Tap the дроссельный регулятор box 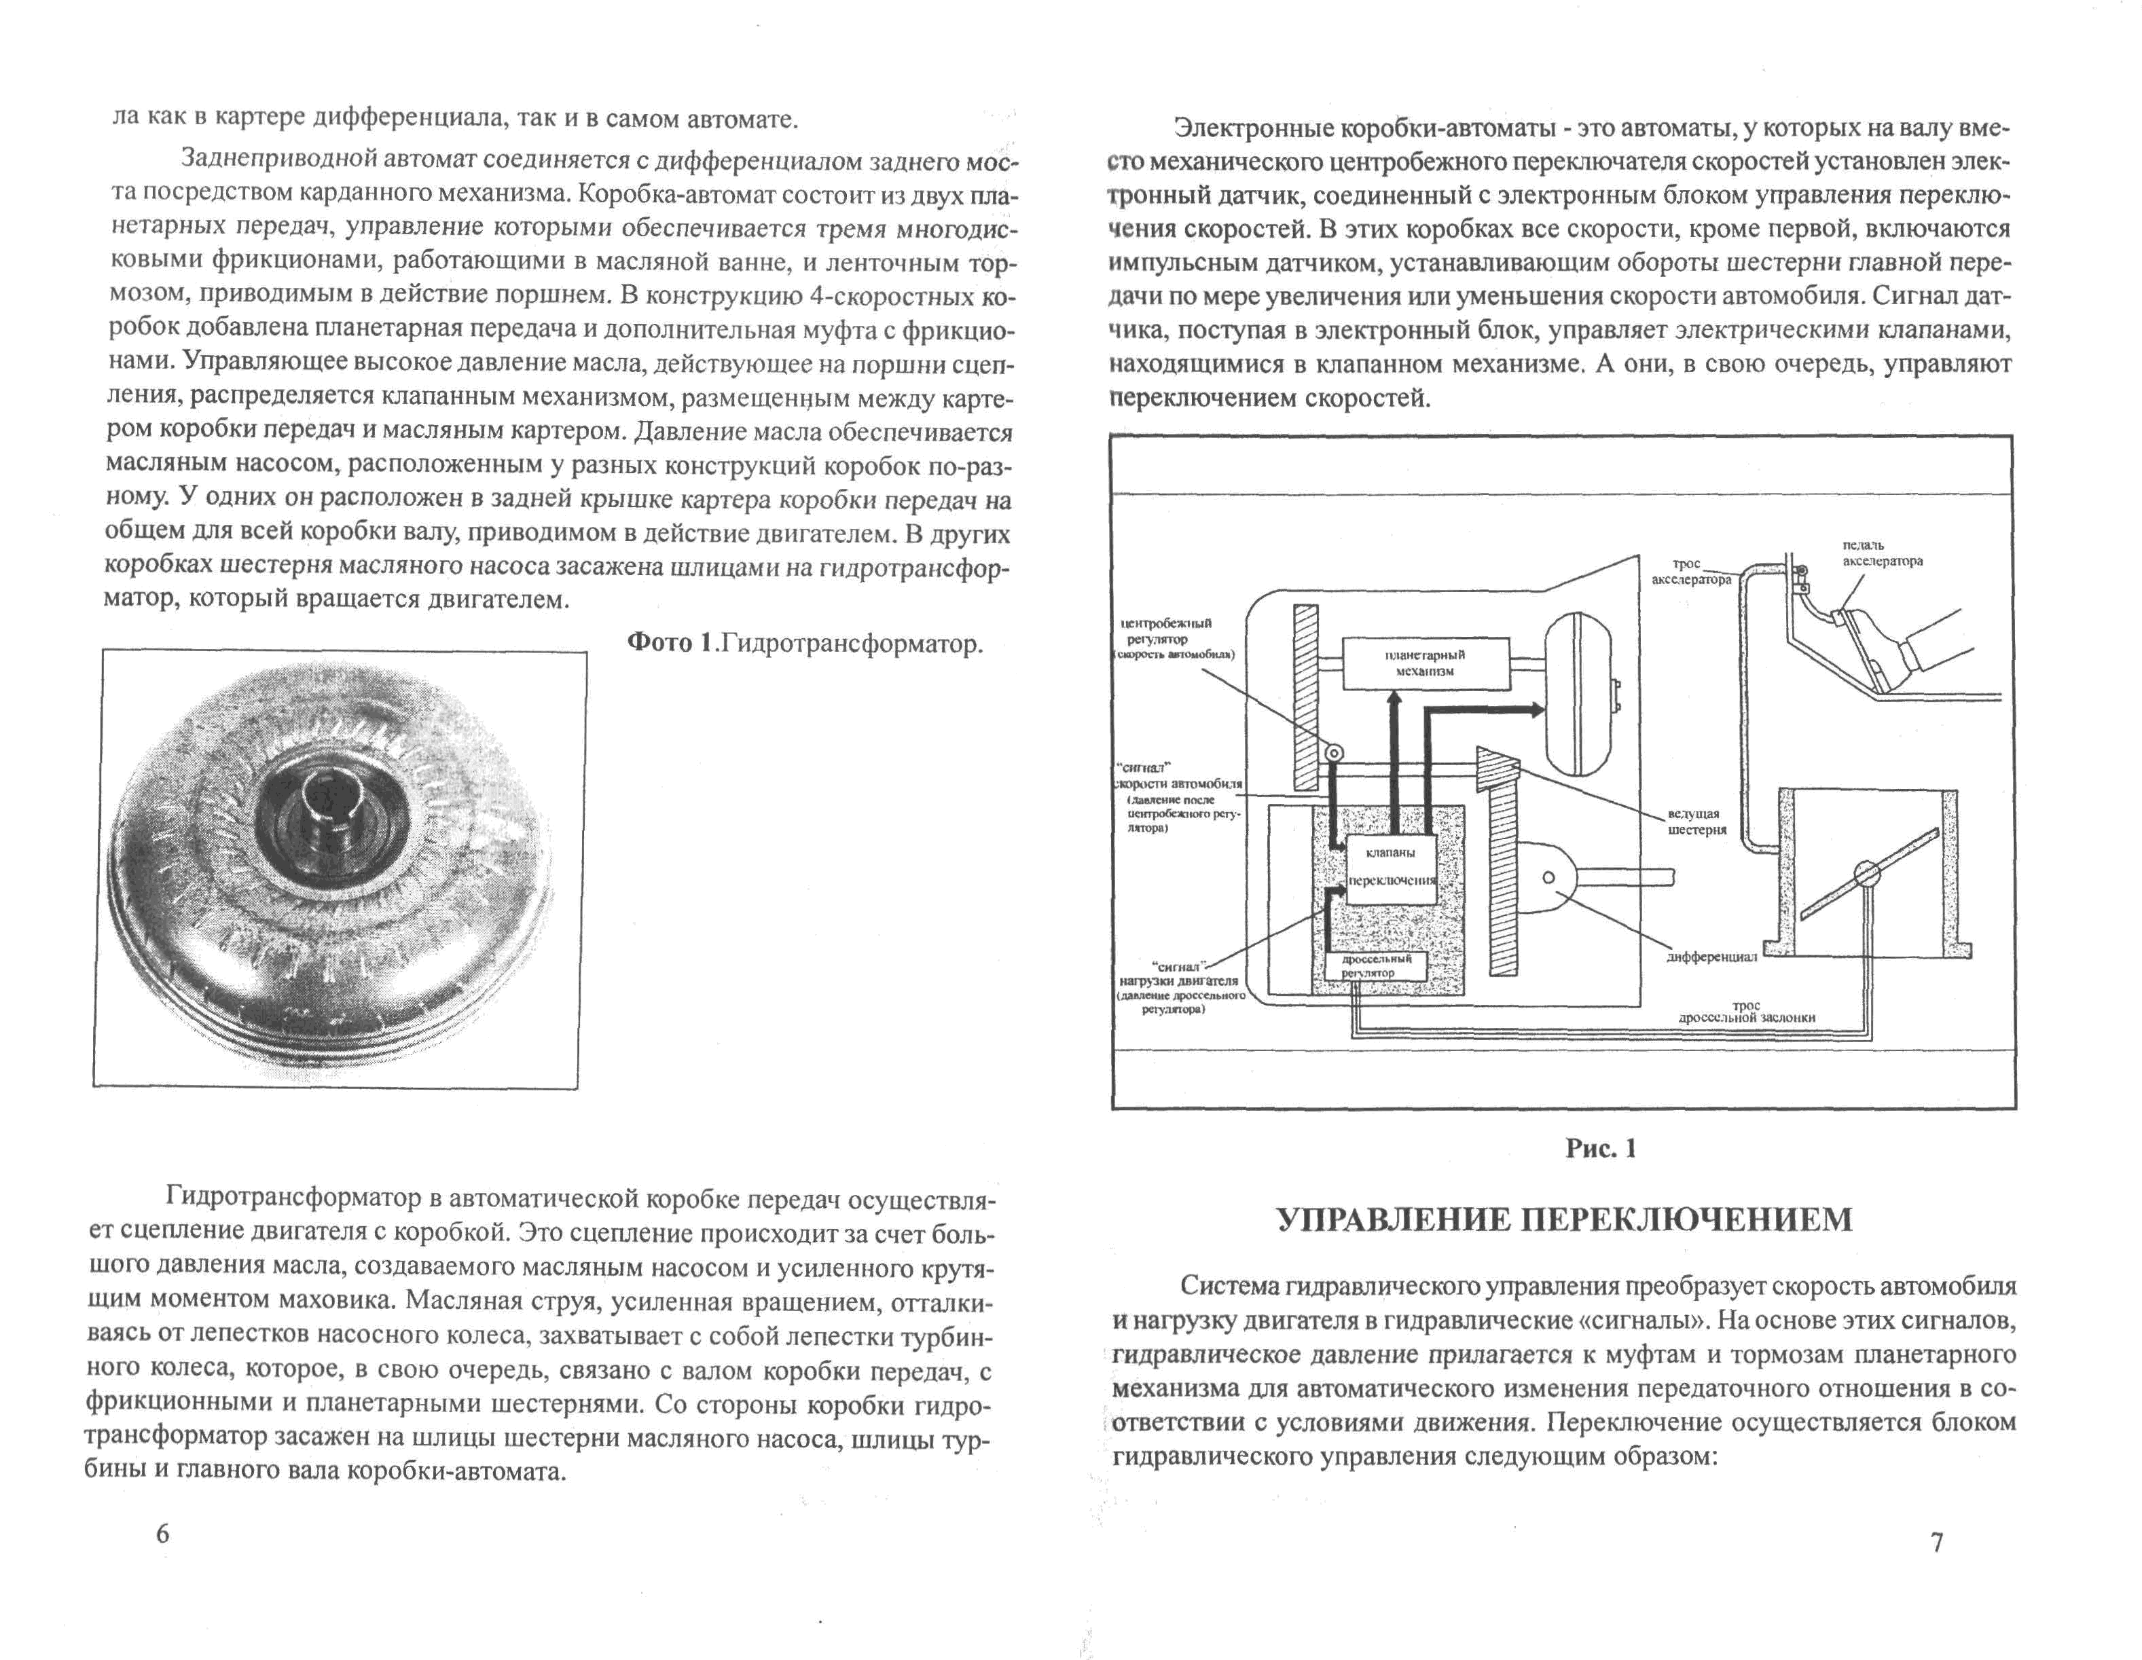click(x=1375, y=965)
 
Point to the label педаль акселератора click(x=1882, y=553)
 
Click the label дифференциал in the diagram click(x=1711, y=957)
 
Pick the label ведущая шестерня click(x=1696, y=822)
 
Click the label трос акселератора click(x=1691, y=572)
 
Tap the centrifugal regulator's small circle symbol click(x=1333, y=753)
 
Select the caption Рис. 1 click(x=1601, y=1148)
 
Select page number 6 click(x=163, y=1534)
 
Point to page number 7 click(x=1937, y=1543)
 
